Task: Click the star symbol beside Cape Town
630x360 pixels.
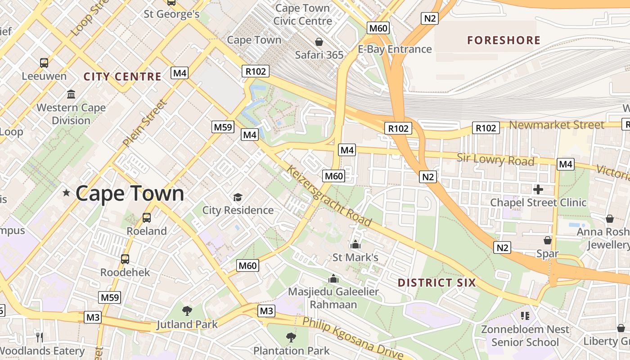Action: tap(67, 193)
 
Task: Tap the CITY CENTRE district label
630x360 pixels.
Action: tap(122, 76)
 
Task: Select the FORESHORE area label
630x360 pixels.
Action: tap(504, 40)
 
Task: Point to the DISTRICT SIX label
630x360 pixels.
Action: tap(436, 283)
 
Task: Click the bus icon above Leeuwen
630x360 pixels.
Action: tap(44, 63)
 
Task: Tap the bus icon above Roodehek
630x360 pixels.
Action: tap(125, 259)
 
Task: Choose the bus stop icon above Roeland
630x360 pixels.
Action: tap(147, 218)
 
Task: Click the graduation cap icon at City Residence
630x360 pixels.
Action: tap(238, 197)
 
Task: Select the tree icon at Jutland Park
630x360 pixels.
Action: tap(187, 310)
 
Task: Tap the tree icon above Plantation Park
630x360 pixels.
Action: tap(291, 337)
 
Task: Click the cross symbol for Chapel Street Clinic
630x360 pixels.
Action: tap(538, 189)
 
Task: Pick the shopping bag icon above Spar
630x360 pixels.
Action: tap(547, 240)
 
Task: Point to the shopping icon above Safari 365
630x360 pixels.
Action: tap(319, 42)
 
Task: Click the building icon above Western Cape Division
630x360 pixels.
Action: tap(71, 94)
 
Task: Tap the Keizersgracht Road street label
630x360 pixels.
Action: tap(329, 196)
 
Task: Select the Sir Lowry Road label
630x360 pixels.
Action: tap(495, 159)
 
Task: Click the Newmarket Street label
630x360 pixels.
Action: tap(557, 125)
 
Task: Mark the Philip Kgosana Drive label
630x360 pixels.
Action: tap(352, 338)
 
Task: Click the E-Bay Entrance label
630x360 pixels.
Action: tap(395, 49)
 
